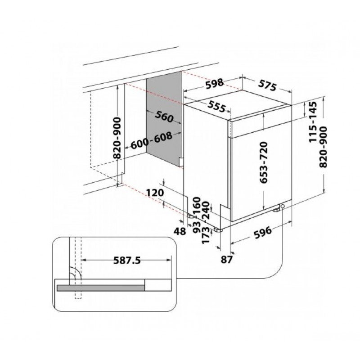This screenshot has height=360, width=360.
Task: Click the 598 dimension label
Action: pyautogui.click(x=214, y=83)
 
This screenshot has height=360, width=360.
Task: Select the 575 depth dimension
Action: pyautogui.click(x=267, y=85)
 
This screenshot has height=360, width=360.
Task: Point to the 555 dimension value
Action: pyautogui.click(x=217, y=106)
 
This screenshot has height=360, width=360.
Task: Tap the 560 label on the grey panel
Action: pyautogui.click(x=164, y=117)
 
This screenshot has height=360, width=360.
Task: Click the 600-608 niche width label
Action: pyautogui.click(x=152, y=140)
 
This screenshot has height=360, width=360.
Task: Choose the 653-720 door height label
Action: pyautogui.click(x=264, y=162)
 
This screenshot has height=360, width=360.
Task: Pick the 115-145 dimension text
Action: pyautogui.click(x=313, y=122)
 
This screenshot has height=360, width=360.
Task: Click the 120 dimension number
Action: pyautogui.click(x=155, y=193)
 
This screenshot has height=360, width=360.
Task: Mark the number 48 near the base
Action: pyautogui.click(x=180, y=231)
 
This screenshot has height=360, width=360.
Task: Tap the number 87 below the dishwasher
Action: pyautogui.click(x=227, y=260)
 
